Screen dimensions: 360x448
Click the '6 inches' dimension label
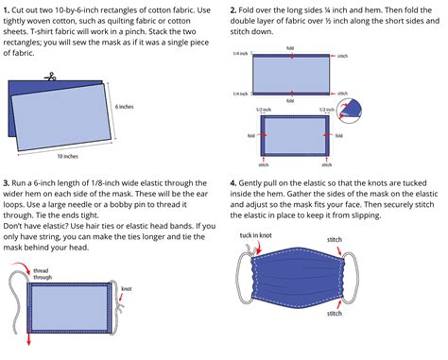click(125, 108)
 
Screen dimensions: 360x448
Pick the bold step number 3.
click(8, 181)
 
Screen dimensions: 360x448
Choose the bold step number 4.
click(233, 181)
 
